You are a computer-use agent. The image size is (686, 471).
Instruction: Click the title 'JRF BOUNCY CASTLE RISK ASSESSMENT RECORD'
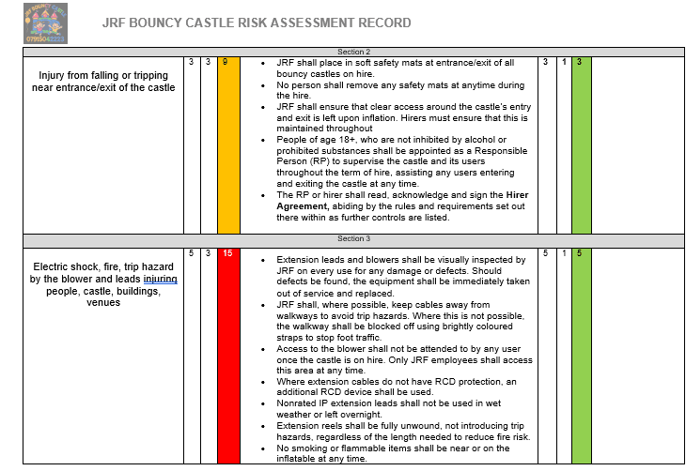tap(256, 22)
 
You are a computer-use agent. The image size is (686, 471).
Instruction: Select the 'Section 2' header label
tap(353, 52)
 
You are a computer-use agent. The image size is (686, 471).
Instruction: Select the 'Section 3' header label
tap(353, 238)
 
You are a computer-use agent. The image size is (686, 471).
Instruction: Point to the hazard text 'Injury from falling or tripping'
tap(103, 75)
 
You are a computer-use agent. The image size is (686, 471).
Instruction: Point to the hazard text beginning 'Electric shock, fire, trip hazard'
tap(103, 266)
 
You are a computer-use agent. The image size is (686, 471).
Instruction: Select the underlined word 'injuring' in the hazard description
tap(161, 279)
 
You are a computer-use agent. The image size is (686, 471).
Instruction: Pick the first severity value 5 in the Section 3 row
tap(191, 253)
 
